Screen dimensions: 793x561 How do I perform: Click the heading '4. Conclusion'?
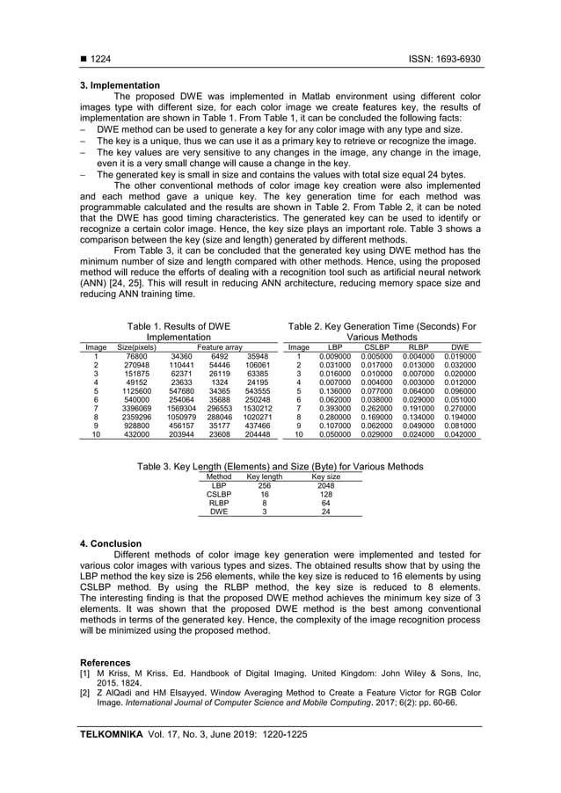point(111,543)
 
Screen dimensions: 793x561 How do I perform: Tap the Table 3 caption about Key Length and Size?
point(280,466)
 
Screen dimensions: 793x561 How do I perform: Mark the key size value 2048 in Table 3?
point(326,485)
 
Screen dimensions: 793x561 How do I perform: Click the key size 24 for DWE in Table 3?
point(326,512)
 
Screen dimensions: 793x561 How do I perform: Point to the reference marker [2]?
point(85,694)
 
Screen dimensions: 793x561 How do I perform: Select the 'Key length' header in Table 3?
point(265,477)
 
